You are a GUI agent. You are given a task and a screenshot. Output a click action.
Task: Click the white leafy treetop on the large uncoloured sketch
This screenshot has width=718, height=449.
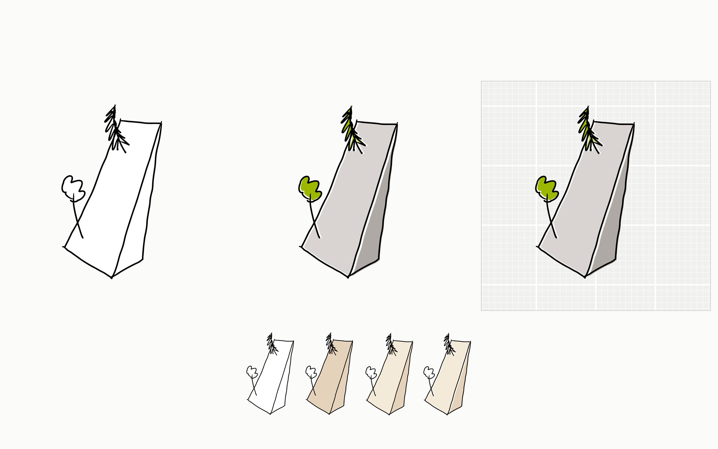pos(72,187)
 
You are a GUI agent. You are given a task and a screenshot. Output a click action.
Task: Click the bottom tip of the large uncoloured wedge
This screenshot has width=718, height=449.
pos(112,278)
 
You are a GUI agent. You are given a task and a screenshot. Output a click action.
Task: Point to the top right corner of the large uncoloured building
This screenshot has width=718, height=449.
pos(161,122)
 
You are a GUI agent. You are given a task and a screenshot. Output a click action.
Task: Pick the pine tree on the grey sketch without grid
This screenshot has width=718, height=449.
pos(351,129)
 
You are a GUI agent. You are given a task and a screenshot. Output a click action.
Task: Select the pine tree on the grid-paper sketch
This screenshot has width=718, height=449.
pos(587,129)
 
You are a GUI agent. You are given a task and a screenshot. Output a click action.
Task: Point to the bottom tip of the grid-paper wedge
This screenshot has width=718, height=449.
pos(585,277)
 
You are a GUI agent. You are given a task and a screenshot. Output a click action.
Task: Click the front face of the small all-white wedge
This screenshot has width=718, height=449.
pos(273,378)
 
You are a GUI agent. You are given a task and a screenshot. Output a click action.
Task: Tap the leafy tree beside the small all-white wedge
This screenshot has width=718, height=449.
pos(252,372)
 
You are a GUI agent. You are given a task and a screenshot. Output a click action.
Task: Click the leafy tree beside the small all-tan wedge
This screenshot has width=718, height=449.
pos(311,372)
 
